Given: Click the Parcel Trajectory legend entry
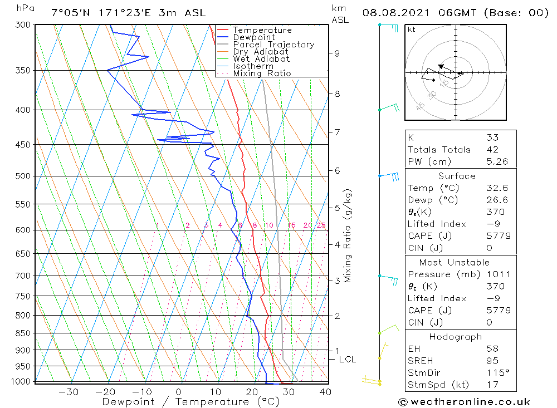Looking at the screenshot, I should [273, 45].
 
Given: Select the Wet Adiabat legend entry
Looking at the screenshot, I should [261, 59].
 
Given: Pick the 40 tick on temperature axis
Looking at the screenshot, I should [325, 392].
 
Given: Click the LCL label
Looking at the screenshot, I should [347, 360].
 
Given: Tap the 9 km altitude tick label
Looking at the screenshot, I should [337, 53].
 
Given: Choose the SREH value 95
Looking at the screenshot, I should [492, 361].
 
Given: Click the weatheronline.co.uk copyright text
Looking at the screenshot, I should [464, 401].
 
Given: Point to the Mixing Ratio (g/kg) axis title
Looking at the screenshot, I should [348, 235].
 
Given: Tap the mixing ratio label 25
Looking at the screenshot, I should [321, 225].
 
